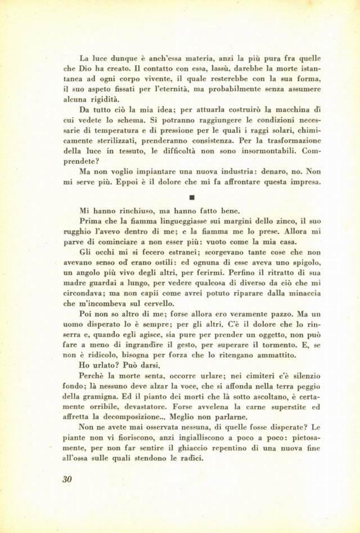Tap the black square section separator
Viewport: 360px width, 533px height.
click(x=192, y=198)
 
